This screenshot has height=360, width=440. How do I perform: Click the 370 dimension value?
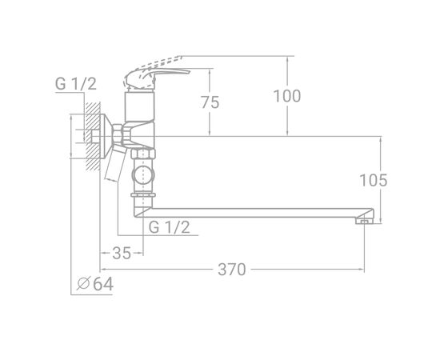[232, 270]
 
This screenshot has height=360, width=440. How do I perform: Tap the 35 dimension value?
[122, 253]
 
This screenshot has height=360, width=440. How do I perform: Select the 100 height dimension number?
[287, 96]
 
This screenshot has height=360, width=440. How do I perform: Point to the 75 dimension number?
[210, 102]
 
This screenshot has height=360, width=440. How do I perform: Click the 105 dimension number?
[374, 180]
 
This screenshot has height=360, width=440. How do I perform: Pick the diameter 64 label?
[95, 284]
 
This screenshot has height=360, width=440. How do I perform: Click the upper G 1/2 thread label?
[76, 84]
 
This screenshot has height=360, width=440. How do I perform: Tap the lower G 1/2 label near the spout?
[170, 227]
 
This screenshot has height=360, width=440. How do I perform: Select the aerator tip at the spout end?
[364, 221]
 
